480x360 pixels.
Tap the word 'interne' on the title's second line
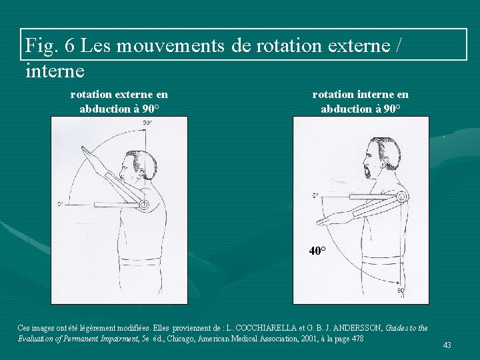55,70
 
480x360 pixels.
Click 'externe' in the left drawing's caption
134,95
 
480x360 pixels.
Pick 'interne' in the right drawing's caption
375,95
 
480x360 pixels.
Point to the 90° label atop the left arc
147,123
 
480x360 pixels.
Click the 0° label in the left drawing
60,204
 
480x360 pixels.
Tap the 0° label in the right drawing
316,195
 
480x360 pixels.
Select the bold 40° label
317,251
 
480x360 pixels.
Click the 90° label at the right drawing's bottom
401,291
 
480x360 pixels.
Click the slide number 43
447,345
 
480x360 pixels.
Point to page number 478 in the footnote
357,339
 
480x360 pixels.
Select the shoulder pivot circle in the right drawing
402,197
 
